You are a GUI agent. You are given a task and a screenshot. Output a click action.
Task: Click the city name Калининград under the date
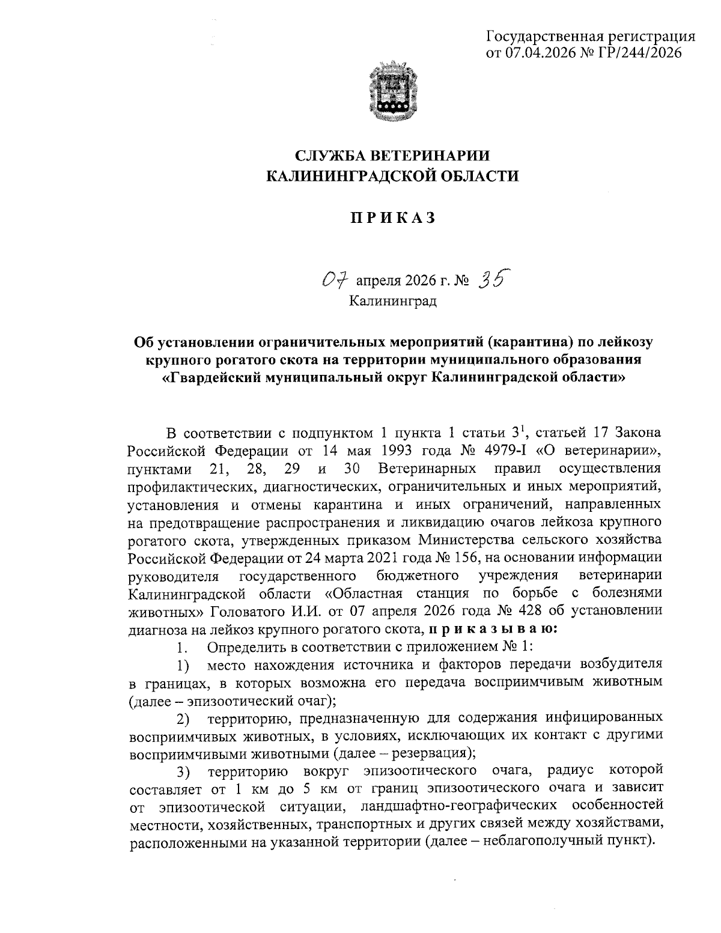(x=393, y=300)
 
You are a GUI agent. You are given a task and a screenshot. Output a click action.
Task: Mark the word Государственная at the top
(x=544, y=36)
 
